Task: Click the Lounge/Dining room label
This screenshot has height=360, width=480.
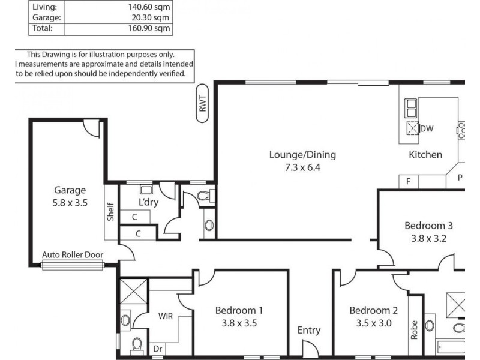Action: pos(302,155)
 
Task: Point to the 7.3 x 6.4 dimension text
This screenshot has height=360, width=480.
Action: pos(302,168)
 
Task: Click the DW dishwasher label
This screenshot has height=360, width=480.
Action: pos(427,128)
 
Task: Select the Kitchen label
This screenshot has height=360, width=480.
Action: pos(425,155)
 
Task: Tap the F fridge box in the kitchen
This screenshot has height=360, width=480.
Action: pos(409,181)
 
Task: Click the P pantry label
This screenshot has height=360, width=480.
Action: pos(460,178)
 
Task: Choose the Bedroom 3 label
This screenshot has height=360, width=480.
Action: pos(428,226)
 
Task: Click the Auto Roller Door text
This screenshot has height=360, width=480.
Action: pos(73,254)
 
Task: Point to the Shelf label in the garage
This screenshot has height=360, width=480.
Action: pos(111,212)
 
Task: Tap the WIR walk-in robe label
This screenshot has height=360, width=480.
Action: pos(166,316)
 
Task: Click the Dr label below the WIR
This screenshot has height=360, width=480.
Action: pos(158,348)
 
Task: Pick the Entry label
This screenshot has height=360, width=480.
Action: pos(309,330)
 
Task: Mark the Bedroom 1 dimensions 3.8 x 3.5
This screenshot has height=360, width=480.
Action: pos(239,323)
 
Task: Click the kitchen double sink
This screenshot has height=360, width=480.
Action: pos(412,109)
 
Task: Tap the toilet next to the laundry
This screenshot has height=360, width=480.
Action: pos(203,196)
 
